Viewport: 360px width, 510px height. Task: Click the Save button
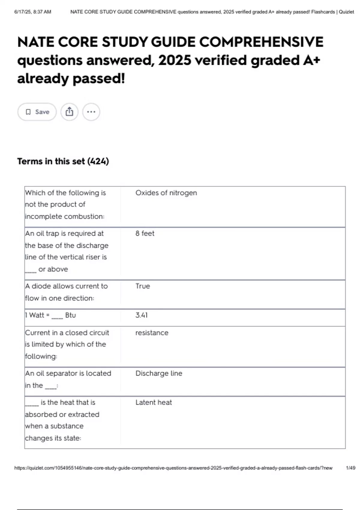[37, 112]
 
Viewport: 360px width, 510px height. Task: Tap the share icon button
[69, 112]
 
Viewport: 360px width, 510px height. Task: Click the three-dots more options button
[91, 112]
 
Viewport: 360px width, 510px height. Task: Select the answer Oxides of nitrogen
[166, 193]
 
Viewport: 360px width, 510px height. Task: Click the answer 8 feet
[145, 233]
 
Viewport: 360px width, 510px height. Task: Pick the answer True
[142, 286]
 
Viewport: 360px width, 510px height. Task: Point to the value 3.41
[142, 315]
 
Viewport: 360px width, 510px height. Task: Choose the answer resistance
[152, 333]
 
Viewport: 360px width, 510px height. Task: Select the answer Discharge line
[159, 373]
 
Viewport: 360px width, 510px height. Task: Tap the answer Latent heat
[154, 403]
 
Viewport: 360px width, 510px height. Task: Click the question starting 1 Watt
[50, 315]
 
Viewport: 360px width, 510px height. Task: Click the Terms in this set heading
[63, 161]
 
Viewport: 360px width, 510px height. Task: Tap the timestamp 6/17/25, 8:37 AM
[33, 12]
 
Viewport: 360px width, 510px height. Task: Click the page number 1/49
[350, 468]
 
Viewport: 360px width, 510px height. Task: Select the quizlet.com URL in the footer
[173, 468]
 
